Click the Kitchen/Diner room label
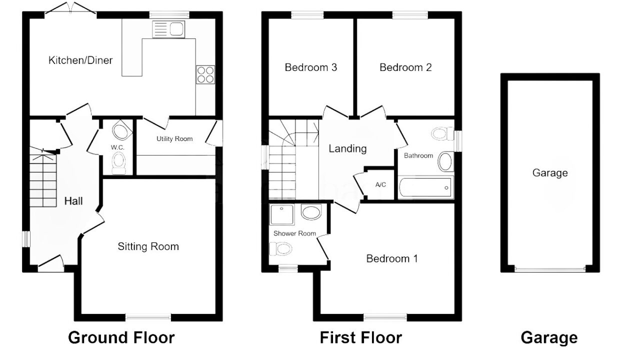point(80,60)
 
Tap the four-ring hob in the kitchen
point(205,74)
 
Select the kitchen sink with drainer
point(168,29)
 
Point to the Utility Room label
point(174,138)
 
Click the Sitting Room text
point(148,246)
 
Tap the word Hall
point(73,201)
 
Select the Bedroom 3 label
point(311,67)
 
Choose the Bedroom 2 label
point(405,67)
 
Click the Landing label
point(347,148)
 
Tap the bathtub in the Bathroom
point(425,187)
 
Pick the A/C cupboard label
point(380,184)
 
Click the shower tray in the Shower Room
point(282,214)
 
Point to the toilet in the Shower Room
point(280,249)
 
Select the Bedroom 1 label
point(392,258)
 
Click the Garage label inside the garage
point(550,173)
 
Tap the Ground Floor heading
point(121,337)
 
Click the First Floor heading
point(360,337)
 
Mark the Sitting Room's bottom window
point(148,317)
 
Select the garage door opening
point(550,268)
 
